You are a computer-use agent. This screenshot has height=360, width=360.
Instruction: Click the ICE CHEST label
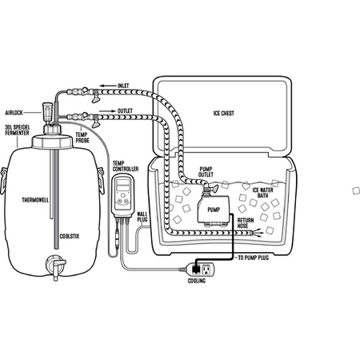(x=224, y=114)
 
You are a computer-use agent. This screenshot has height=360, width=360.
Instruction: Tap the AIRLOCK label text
(x=14, y=113)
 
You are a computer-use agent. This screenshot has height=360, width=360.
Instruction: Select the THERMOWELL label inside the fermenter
(x=35, y=200)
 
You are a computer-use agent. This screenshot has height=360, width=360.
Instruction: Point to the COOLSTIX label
(x=70, y=236)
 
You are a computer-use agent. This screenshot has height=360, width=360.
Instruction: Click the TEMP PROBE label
(x=82, y=138)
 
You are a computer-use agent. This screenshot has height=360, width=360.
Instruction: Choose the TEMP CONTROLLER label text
(x=126, y=166)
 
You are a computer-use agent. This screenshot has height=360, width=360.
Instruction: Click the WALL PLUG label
(x=142, y=217)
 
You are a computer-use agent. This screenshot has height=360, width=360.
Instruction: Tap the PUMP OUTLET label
(x=206, y=172)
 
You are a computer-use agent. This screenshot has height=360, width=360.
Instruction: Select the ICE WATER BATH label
(x=263, y=193)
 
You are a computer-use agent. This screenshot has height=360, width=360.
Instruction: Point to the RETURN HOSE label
(x=246, y=223)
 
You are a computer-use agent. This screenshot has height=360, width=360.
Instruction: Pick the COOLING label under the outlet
(x=197, y=281)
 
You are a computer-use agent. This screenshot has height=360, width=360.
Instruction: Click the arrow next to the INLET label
(x=107, y=86)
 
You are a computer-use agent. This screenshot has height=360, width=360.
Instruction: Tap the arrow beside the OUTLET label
(x=107, y=111)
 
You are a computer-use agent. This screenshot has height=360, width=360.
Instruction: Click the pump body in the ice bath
(x=214, y=209)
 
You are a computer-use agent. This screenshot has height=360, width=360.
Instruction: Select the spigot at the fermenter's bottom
(x=56, y=266)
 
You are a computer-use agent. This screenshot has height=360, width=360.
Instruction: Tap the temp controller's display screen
(x=123, y=186)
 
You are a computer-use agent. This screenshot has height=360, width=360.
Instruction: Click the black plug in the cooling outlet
(x=196, y=270)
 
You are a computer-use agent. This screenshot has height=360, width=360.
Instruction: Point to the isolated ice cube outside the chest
(x=356, y=190)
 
